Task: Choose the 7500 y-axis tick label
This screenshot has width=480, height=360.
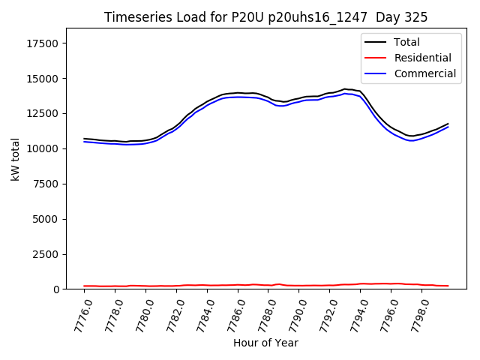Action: click(x=46, y=184)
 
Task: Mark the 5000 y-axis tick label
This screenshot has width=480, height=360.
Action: click(x=46, y=219)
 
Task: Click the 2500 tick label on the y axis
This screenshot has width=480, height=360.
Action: click(x=46, y=254)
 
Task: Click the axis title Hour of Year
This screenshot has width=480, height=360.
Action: click(x=265, y=343)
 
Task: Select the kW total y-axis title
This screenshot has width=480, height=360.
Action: click(x=15, y=159)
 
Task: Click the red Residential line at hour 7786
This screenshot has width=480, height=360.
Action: click(x=238, y=285)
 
